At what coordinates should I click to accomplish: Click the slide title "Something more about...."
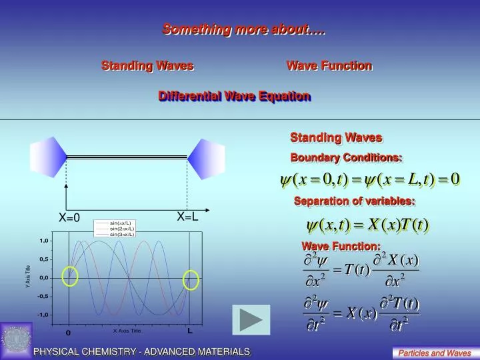243,29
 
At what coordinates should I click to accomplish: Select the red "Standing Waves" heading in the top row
147,65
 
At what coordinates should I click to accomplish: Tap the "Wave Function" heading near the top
329,65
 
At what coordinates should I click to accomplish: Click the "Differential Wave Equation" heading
234,96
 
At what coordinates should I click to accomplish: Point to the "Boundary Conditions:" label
346,158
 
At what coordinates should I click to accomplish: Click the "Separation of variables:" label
355,201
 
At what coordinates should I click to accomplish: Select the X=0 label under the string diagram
69,218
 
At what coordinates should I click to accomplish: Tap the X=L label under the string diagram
187,217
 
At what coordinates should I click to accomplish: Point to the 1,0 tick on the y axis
43,241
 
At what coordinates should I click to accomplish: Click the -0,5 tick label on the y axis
43,296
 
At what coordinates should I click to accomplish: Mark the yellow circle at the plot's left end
70,275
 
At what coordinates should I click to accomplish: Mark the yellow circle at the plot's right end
191,280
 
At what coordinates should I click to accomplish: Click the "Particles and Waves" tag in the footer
435,353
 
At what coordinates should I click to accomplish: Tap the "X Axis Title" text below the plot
127,331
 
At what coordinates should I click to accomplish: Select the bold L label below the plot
189,331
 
